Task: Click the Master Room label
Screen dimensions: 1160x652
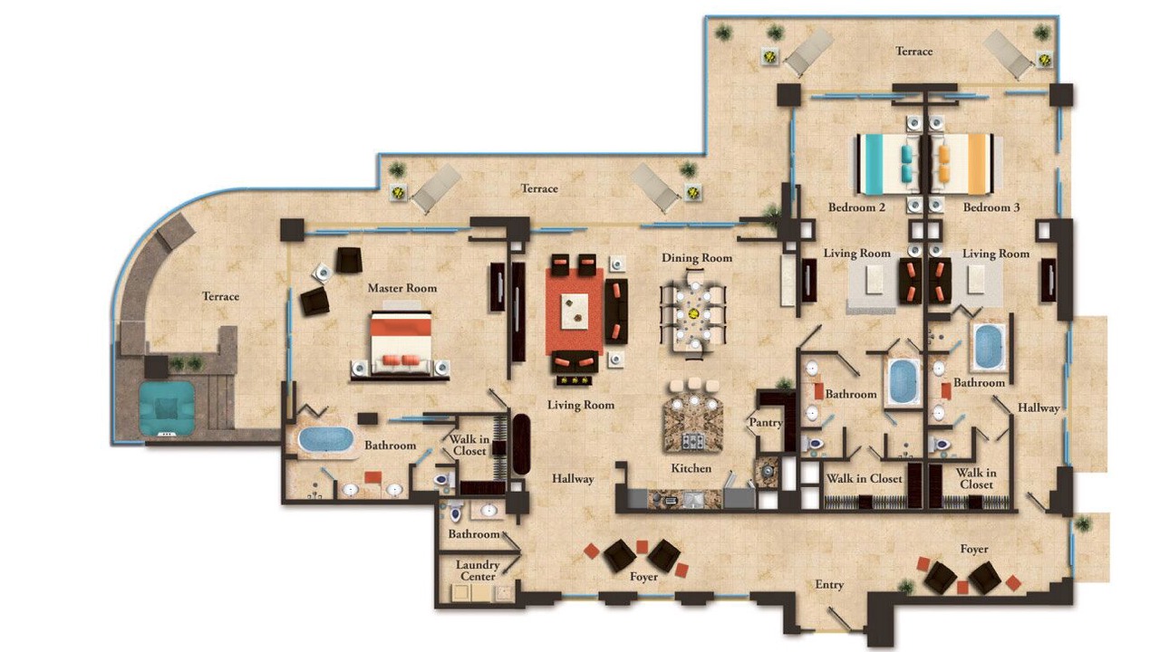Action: (x=402, y=288)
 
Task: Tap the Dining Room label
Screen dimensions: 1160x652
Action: (x=697, y=258)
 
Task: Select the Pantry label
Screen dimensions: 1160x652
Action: (x=766, y=423)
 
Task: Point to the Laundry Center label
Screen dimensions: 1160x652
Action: (x=478, y=570)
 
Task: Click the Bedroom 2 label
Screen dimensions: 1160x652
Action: (x=856, y=207)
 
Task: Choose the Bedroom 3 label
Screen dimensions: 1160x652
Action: (x=991, y=207)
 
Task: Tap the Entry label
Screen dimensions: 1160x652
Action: (x=829, y=585)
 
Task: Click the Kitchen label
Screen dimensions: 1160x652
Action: (x=691, y=468)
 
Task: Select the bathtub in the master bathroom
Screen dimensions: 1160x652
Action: (x=325, y=439)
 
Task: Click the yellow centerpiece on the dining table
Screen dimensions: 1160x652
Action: (x=693, y=313)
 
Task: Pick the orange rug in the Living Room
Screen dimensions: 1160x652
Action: (x=575, y=312)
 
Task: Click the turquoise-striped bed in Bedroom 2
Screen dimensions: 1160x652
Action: (x=889, y=165)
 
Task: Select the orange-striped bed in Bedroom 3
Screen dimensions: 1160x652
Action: (x=962, y=165)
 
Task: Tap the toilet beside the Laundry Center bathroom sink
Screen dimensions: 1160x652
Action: (x=455, y=512)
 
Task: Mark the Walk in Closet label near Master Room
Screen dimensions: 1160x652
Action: (x=469, y=445)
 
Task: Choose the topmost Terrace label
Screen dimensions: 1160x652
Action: (x=914, y=52)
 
